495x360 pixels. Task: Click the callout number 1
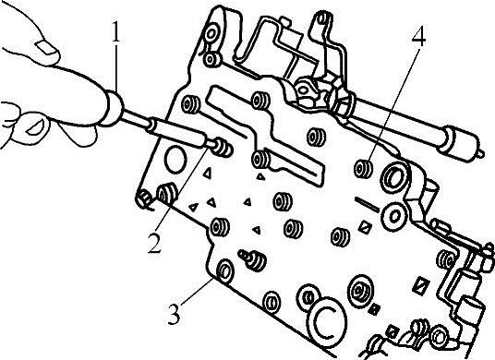pyautogui.click(x=116, y=32)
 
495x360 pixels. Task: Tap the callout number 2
pyautogui.click(x=155, y=243)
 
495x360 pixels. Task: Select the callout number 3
pyautogui.click(x=174, y=314)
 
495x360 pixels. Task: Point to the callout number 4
pyautogui.click(x=418, y=36)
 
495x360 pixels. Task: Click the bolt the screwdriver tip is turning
pyautogui.click(x=223, y=148)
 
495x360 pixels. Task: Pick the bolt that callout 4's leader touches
pyautogui.click(x=363, y=168)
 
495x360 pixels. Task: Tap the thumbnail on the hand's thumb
pyautogui.click(x=47, y=48)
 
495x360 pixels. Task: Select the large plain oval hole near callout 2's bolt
pyautogui.click(x=175, y=160)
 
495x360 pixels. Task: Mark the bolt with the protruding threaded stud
pyautogui.click(x=253, y=259)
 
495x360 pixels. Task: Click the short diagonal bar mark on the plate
pyautogui.click(x=368, y=204)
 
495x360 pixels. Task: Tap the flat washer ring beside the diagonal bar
pyautogui.click(x=394, y=216)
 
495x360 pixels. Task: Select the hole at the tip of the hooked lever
pyautogui.click(x=322, y=18)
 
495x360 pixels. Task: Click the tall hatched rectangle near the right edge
pyautogui.click(x=420, y=286)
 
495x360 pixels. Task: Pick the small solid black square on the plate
pyautogui.click(x=374, y=309)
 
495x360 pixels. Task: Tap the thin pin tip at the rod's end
pyautogui.click(x=480, y=153)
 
